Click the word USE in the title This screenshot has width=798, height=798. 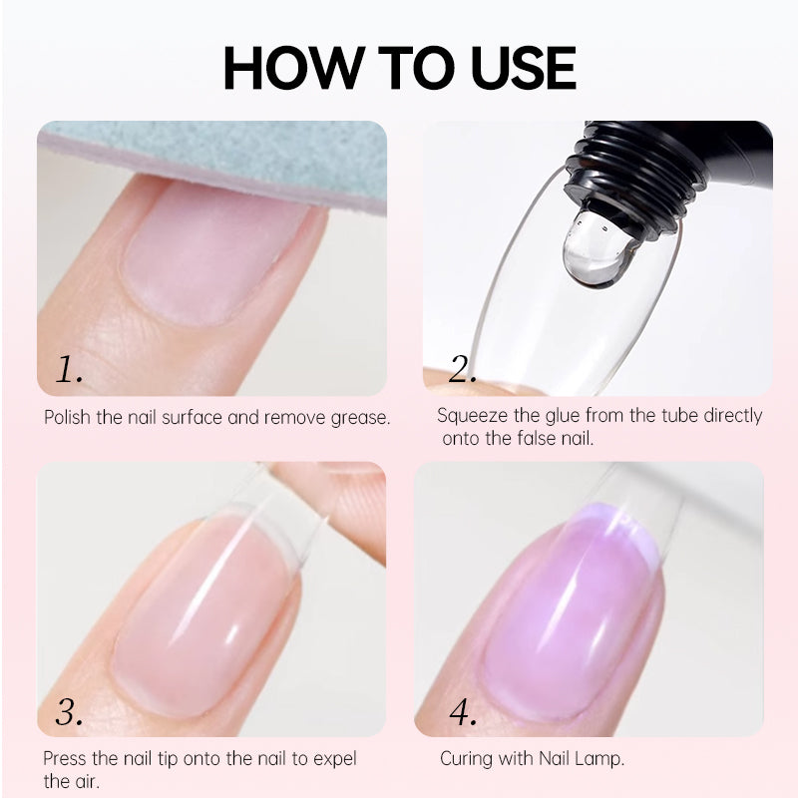[523, 68]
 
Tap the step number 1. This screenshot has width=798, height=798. [69, 369]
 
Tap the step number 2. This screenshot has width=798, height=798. [463, 369]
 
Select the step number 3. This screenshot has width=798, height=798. [69, 711]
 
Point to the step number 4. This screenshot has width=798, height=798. [463, 711]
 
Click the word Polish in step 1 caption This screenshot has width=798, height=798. [67, 417]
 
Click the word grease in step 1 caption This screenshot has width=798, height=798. [360, 418]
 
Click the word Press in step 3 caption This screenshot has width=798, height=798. [65, 758]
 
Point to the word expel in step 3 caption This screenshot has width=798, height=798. [334, 759]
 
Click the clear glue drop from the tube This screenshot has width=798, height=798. [598, 248]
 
